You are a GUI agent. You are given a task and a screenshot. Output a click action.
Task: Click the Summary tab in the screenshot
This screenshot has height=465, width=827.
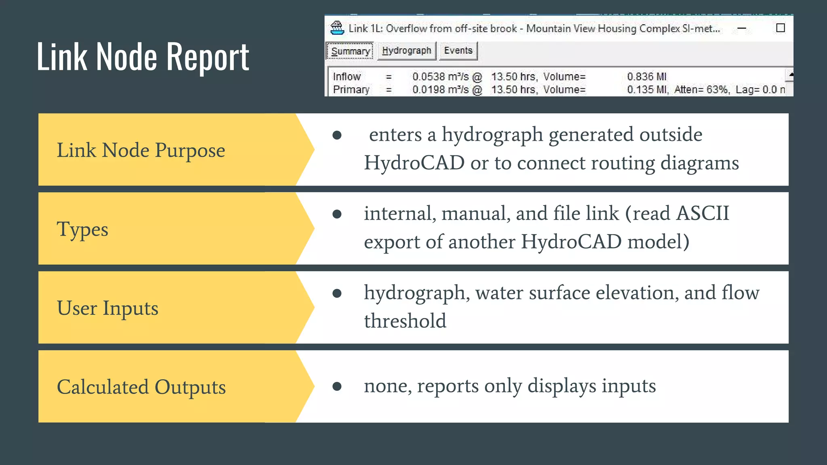(350, 51)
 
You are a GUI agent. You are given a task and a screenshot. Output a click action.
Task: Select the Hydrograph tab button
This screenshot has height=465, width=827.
(407, 51)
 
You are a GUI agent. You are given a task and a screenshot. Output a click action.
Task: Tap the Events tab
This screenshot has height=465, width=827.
(458, 51)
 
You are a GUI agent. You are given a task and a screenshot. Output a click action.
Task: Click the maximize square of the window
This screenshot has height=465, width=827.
(781, 28)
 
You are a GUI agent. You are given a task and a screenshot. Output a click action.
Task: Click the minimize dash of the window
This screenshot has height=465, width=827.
(742, 28)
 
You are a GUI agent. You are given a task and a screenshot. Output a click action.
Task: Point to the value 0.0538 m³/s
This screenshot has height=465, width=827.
(441, 77)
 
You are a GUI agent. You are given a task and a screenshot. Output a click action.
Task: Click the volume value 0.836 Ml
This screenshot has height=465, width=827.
(646, 77)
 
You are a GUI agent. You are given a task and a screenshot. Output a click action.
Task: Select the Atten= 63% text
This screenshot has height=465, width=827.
(702, 90)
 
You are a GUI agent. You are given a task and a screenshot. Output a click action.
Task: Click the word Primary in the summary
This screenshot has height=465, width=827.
(351, 90)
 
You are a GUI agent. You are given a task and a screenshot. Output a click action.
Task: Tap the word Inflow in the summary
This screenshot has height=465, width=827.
(346, 77)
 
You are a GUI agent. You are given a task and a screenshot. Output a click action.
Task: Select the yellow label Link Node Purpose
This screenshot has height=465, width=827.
(141, 150)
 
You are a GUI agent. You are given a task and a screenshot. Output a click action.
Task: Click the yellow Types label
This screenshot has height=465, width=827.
(82, 229)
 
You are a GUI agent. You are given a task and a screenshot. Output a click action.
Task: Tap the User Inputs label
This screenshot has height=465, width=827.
(107, 308)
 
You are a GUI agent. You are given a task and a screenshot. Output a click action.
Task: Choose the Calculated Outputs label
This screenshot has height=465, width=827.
(141, 387)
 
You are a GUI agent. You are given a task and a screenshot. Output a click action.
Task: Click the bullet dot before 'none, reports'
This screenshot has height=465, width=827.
(337, 387)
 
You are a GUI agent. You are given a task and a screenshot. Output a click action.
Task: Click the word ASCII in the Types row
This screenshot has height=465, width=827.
(703, 213)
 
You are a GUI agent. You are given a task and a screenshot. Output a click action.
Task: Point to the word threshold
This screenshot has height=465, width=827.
(405, 321)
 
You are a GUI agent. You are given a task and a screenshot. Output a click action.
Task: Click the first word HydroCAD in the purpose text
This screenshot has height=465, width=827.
(414, 163)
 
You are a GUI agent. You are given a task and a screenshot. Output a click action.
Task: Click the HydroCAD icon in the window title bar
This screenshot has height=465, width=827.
(337, 28)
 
